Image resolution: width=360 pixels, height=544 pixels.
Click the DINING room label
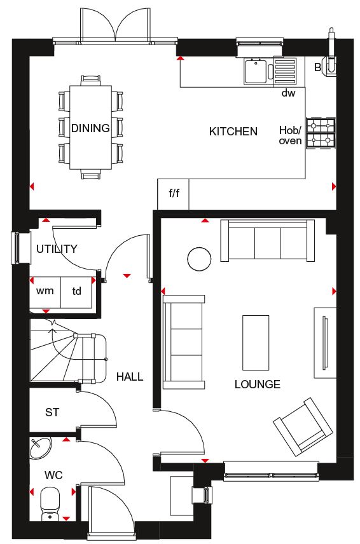click(90, 128)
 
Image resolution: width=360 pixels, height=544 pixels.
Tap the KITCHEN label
click(233, 132)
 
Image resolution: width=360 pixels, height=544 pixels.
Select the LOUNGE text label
click(257, 384)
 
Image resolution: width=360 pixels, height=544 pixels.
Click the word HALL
click(130, 376)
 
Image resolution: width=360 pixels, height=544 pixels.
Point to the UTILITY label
click(57, 248)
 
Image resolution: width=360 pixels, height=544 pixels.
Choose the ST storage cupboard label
click(52, 412)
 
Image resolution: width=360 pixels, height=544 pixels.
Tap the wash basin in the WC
click(41, 448)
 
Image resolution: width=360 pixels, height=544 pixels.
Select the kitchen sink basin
click(256, 71)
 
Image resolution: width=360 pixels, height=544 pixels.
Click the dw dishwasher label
click(288, 93)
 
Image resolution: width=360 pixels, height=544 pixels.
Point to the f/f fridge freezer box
click(173, 194)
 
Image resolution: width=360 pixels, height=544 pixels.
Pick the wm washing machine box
click(45, 292)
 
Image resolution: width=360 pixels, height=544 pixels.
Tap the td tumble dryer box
click(76, 292)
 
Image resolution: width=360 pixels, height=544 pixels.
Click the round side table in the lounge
click(199, 259)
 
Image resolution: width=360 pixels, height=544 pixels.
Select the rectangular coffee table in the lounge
click(256, 343)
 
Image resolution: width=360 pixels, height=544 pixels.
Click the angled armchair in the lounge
click(303, 426)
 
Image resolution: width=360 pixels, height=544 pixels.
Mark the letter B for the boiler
click(317, 67)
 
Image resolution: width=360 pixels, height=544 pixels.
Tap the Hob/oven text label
click(290, 135)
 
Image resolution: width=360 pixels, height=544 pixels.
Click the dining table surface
click(90, 127)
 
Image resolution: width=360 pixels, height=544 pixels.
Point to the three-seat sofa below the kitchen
click(268, 240)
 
